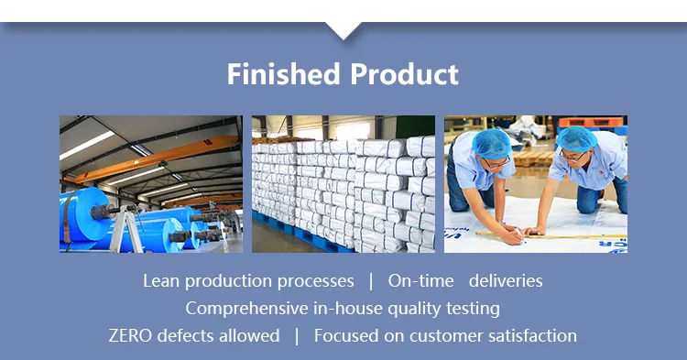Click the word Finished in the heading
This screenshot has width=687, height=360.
pos(283,73)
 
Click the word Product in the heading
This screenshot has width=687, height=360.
pos(404,73)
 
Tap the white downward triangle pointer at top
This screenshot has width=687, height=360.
pos(343,30)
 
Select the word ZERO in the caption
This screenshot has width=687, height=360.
pos(130,336)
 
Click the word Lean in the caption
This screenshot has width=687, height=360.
pos(161,281)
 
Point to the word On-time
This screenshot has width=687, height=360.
pos(420,281)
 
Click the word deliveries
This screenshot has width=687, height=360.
pos(506,281)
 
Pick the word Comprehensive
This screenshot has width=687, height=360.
pos(246,309)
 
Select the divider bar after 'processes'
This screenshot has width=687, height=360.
pos(371,281)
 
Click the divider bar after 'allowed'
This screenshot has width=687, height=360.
pos(297,336)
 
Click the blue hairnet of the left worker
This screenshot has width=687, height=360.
pos(492,143)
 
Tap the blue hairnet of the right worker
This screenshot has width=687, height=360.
pos(576,139)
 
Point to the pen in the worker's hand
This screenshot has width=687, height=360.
pos(520,235)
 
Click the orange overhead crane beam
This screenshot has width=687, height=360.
pos(156,159)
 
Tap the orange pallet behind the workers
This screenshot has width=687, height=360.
pos(590,122)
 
